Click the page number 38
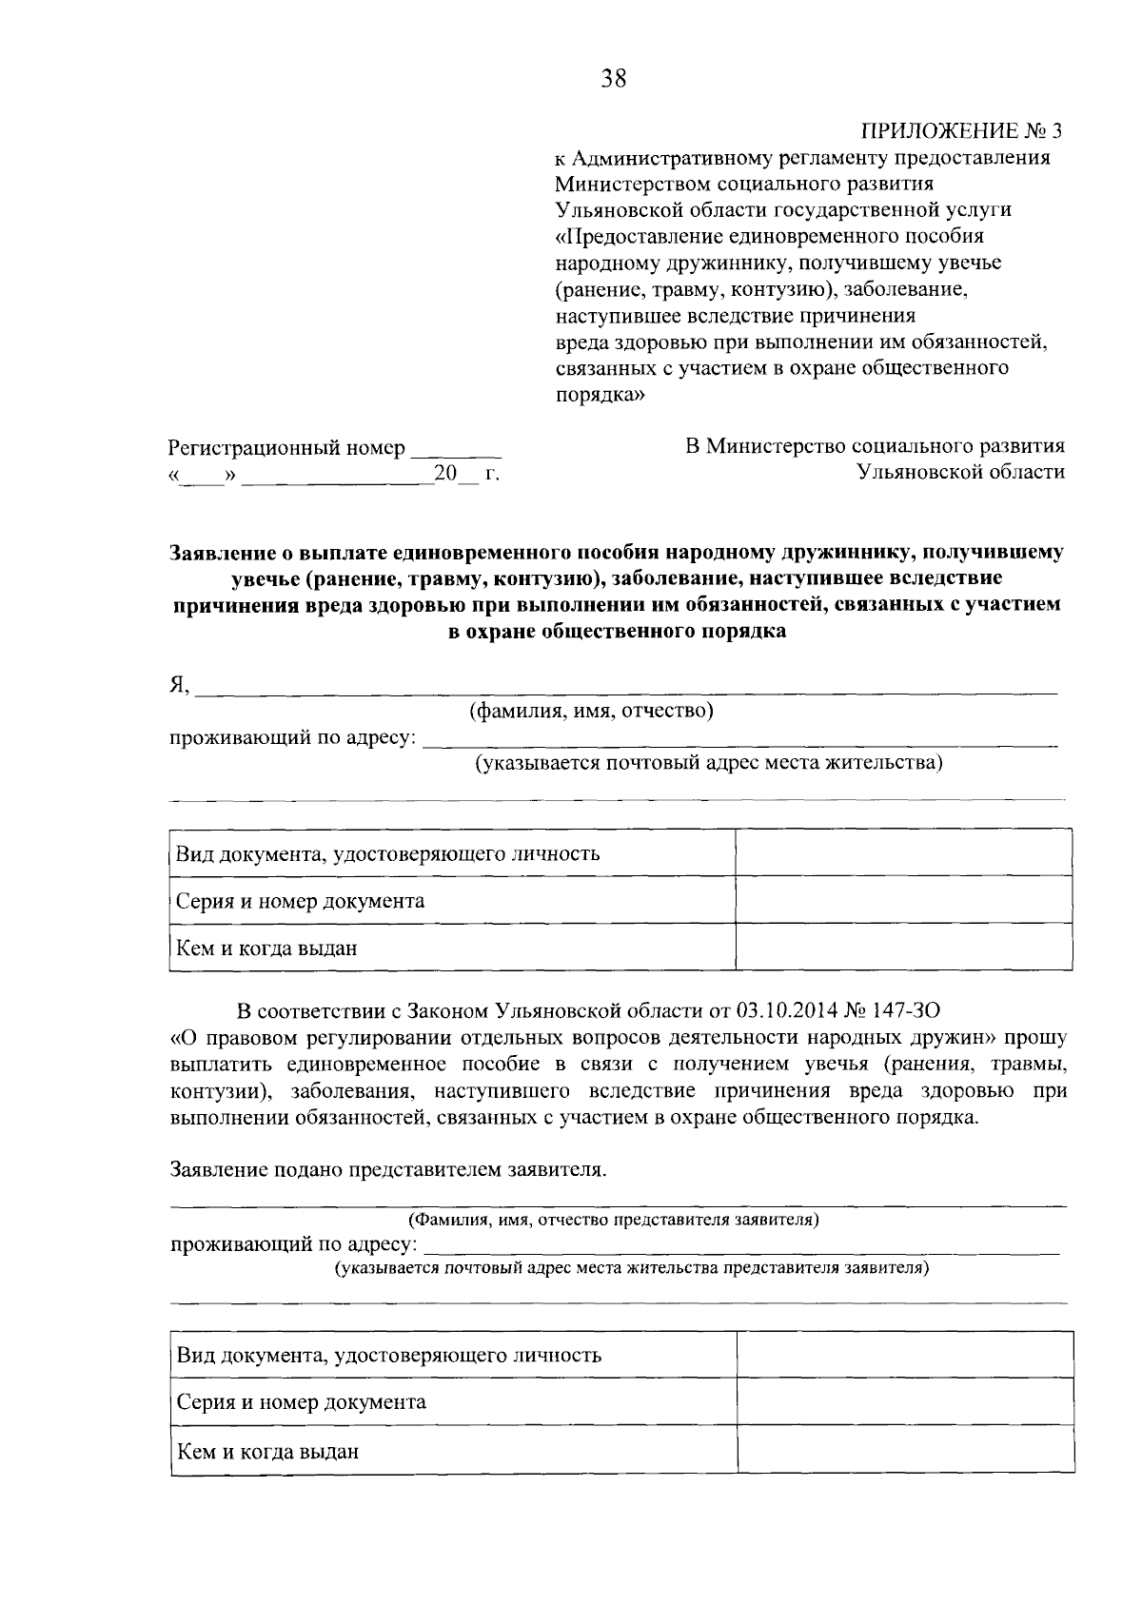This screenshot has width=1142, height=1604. click(613, 79)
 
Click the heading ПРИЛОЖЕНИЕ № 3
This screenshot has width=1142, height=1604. click(961, 130)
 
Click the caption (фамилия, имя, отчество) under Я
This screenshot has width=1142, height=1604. click(591, 711)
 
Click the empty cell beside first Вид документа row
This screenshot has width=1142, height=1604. click(903, 852)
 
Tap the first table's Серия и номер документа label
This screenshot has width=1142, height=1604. click(301, 901)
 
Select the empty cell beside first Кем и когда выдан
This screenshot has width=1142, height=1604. click(903, 948)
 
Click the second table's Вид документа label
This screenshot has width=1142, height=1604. click(389, 1355)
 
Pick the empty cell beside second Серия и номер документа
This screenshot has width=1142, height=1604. click(904, 1402)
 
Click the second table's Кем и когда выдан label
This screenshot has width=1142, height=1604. click(268, 1452)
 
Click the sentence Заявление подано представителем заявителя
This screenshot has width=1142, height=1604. click(387, 1169)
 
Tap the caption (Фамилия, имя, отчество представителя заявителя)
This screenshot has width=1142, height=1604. click(614, 1219)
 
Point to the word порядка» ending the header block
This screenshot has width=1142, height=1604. click(600, 394)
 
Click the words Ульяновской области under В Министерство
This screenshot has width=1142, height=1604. click(960, 472)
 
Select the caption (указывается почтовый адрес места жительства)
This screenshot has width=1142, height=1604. click(709, 763)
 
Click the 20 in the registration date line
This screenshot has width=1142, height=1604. click(445, 473)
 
